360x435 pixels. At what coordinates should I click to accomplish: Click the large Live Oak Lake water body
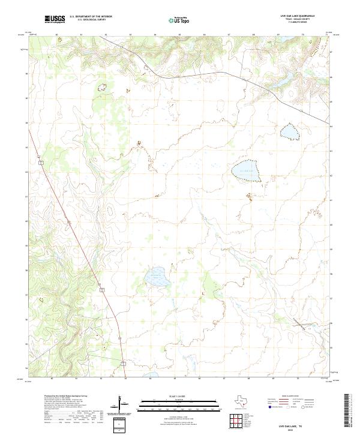coord(246,170)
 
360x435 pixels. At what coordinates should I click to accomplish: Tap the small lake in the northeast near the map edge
coord(290,130)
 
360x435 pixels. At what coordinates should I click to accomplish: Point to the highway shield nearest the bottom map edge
coord(122,363)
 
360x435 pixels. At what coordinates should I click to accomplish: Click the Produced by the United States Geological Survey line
coord(66,397)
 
